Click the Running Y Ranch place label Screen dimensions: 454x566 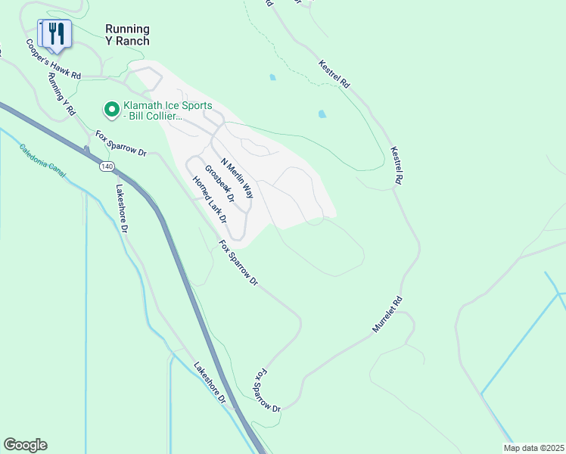click(127, 35)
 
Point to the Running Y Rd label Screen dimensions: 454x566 click(61, 93)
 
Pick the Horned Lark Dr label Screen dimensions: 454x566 click(210, 198)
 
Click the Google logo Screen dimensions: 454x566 click(25, 445)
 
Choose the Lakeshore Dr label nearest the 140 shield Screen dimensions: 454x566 click(123, 208)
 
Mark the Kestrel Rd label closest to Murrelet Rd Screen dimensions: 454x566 click(394, 166)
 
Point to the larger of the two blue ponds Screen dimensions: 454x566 click(322, 114)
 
